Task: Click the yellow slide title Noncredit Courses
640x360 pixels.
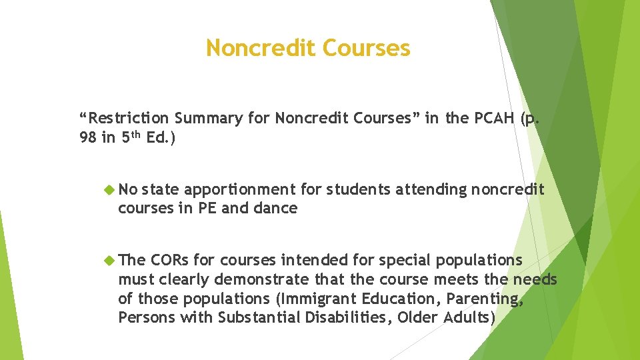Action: coord(308,48)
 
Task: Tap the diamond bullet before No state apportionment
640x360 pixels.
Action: coord(110,190)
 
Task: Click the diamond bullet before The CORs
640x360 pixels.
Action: coord(110,259)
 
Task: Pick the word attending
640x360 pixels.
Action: coord(431,190)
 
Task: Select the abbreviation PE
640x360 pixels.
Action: coord(207,208)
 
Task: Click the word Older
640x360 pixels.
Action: coord(418,317)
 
